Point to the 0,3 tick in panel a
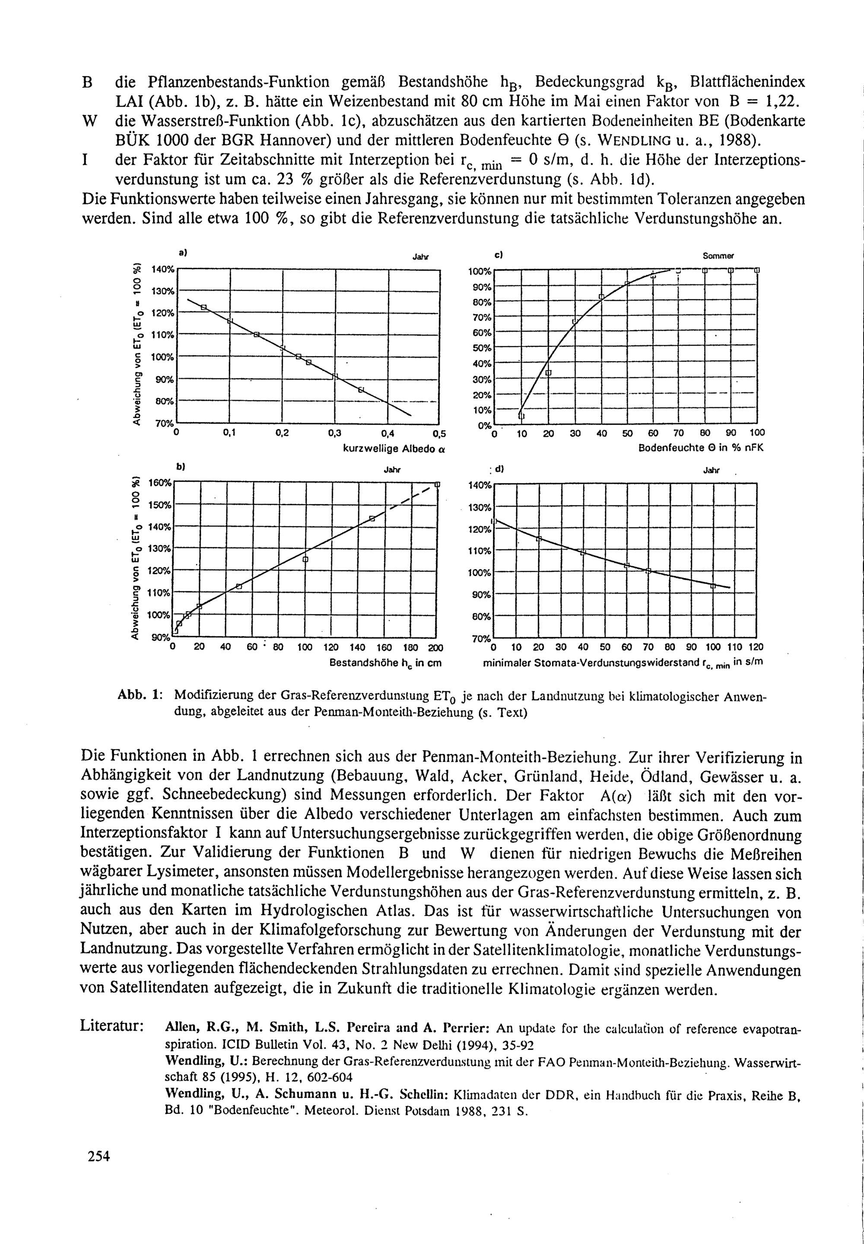click(x=336, y=433)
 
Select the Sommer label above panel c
click(x=718, y=255)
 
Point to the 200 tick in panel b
click(x=435, y=647)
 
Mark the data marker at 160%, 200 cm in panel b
click(x=438, y=484)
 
